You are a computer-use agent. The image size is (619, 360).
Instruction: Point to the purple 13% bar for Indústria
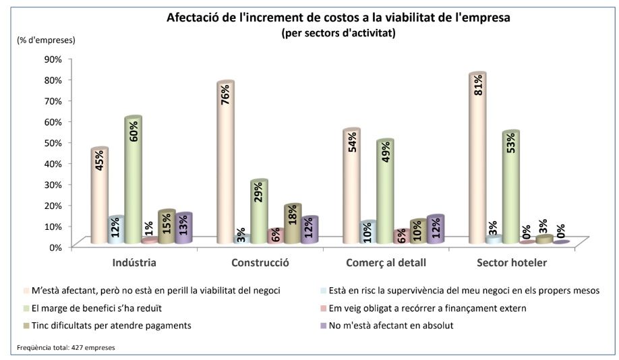pyautogui.click(x=183, y=229)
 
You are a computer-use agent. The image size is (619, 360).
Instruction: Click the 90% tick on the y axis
pyautogui.click(x=53, y=59)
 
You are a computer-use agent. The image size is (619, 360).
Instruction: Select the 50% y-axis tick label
pyautogui.click(x=53, y=142)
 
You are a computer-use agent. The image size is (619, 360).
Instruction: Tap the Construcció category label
pyautogui.click(x=260, y=262)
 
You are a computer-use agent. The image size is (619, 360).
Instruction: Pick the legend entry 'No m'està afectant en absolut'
pyautogui.click(x=390, y=326)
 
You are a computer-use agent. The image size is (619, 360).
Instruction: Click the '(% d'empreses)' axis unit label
pyautogui.click(x=47, y=40)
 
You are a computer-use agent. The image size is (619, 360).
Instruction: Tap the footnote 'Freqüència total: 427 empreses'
pyautogui.click(x=65, y=348)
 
